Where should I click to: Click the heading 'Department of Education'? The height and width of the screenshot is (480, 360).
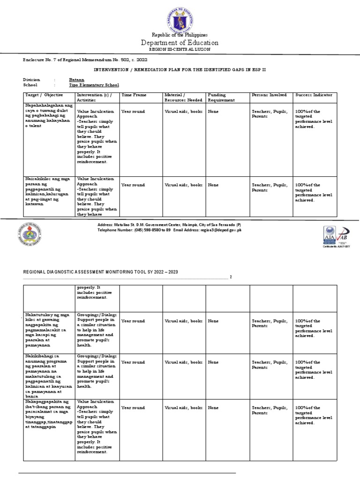point(180,43)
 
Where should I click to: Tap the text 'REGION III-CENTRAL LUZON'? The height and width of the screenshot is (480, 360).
point(180,49)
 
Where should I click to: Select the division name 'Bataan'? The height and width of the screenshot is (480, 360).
point(77,80)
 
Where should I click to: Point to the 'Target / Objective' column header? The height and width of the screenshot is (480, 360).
point(42,95)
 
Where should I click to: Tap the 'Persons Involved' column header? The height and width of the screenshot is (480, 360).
point(269,95)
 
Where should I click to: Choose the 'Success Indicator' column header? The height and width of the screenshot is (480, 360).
point(314,95)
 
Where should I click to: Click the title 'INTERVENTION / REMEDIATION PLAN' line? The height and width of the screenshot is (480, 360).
point(180,69)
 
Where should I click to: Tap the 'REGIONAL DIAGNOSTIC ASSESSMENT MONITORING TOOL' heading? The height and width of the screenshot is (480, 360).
point(101,272)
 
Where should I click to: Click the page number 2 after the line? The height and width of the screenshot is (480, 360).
point(231,277)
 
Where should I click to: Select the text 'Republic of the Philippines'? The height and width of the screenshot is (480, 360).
point(180,35)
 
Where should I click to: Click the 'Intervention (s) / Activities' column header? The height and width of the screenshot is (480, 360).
point(96,97)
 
